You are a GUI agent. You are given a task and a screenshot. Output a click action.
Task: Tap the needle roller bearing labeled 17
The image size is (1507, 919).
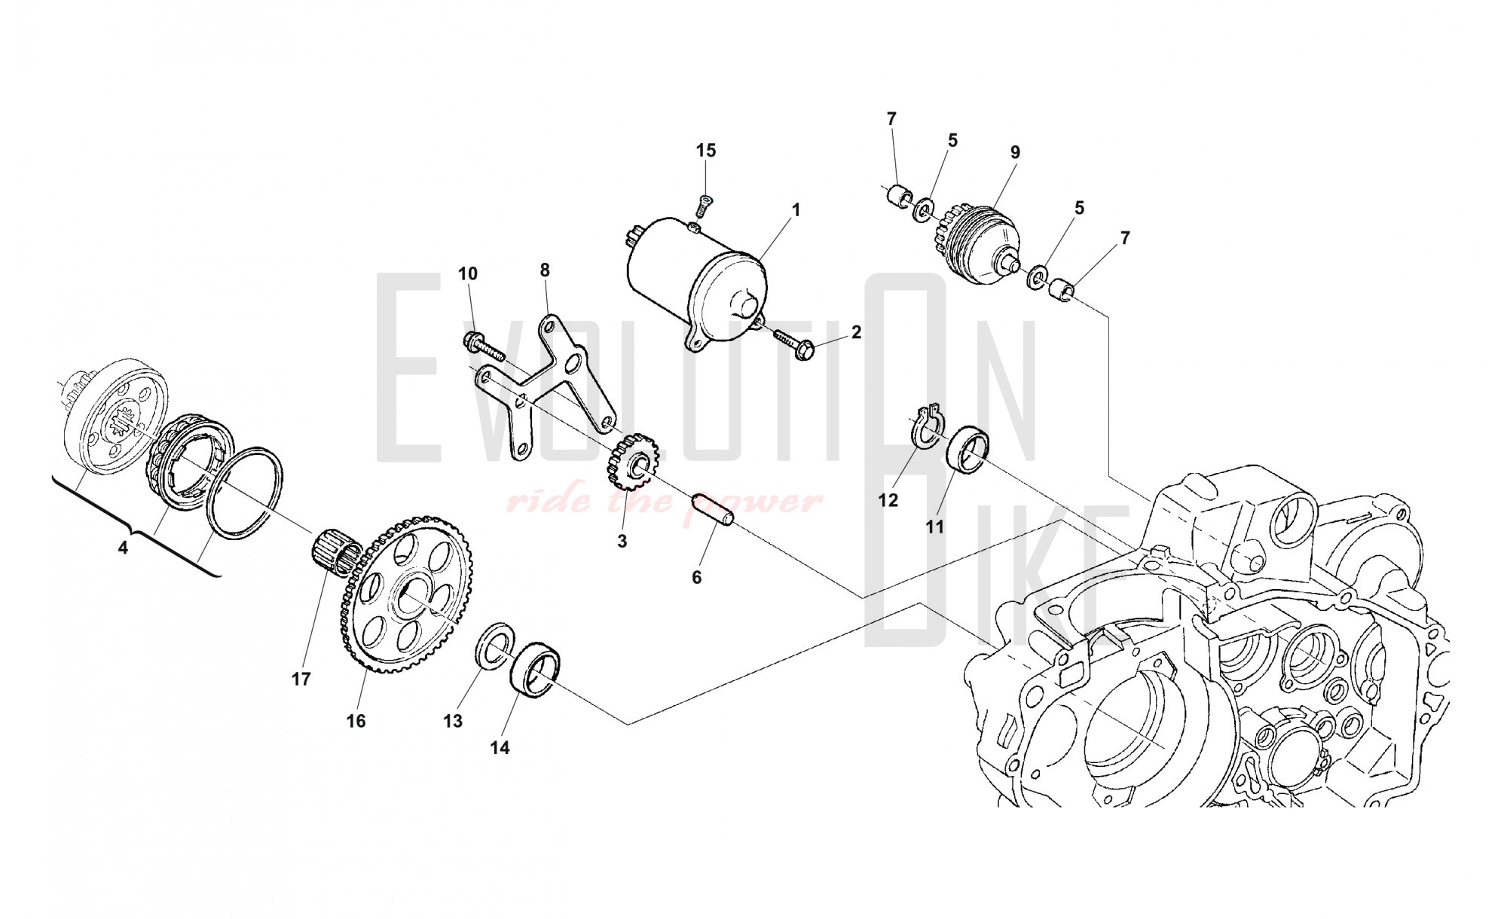coord(335,555)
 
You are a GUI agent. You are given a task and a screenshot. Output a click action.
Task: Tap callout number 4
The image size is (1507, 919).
coord(123,548)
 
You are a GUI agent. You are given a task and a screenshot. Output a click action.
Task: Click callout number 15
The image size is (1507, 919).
coord(706,150)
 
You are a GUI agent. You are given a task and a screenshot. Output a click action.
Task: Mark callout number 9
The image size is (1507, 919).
coord(1015,152)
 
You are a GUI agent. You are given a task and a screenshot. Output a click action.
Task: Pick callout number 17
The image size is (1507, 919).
coord(301,679)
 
